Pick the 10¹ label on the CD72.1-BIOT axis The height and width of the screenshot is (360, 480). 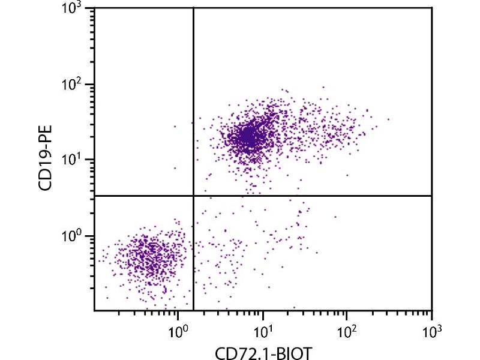263,329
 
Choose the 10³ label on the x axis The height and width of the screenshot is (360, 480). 431,329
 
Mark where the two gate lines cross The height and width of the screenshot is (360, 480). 193,196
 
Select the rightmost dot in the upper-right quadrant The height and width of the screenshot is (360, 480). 389,119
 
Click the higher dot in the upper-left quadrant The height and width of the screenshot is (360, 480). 175,126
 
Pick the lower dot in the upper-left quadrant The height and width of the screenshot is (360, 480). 175,168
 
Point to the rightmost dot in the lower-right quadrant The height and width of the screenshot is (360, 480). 335,217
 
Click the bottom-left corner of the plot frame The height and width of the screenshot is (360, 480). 94,310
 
